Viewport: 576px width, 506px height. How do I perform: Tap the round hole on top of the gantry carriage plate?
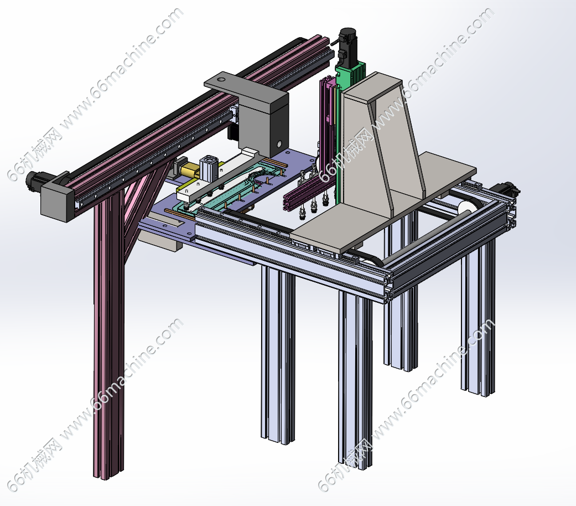[220, 79]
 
